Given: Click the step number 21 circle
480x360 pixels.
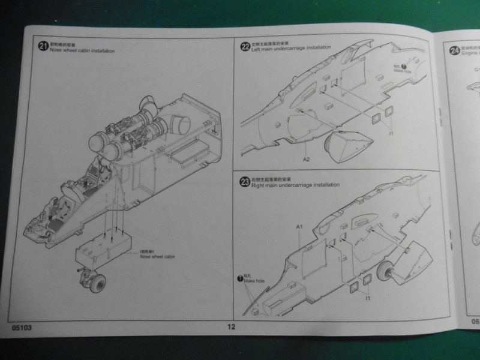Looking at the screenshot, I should (x=42, y=46).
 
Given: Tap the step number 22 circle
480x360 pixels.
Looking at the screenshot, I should (x=244, y=46).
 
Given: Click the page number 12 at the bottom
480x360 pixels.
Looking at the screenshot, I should (x=232, y=326).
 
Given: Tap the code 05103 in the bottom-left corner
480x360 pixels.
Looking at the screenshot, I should (x=22, y=328).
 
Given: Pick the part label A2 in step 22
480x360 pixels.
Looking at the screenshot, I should (x=306, y=160).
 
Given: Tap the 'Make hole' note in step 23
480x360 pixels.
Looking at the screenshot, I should (x=254, y=280).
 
